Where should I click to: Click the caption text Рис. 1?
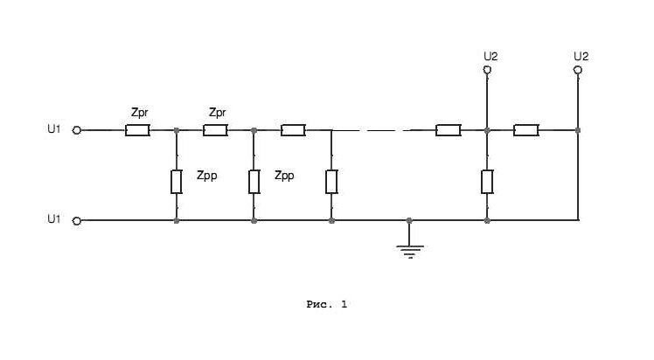point(327,304)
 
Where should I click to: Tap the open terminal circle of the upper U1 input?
point(76,130)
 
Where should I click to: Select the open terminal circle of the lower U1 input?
point(76,221)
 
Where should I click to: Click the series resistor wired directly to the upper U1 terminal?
point(137,130)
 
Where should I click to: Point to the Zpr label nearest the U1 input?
point(141,113)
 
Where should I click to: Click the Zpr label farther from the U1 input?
point(219,113)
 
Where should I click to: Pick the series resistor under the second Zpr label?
point(215,130)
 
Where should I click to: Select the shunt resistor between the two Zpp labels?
point(254,182)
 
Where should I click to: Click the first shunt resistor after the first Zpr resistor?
point(177,182)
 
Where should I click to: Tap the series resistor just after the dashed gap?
point(448,130)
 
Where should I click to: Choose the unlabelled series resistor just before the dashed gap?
point(293,130)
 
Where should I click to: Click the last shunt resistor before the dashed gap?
point(331,182)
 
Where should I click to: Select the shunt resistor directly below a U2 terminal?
point(487,182)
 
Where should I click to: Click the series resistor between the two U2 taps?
point(525,130)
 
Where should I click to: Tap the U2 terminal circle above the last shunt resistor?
point(487,69)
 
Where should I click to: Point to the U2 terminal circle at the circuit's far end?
point(577,69)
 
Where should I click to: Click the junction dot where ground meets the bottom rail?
point(409,221)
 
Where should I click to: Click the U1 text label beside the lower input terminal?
point(54,220)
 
